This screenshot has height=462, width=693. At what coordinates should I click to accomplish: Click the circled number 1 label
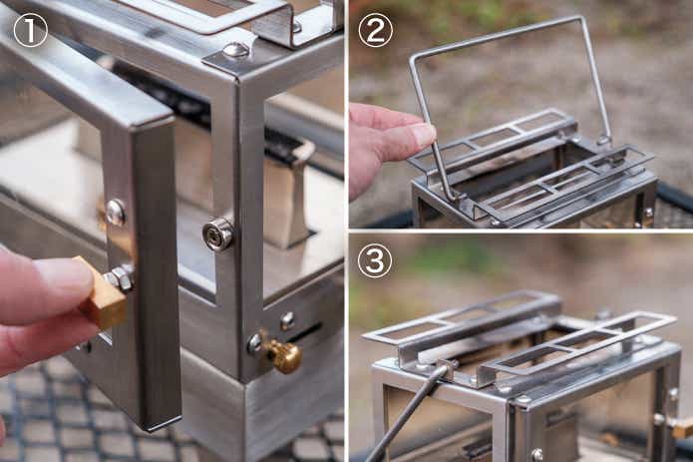pyautogui.click(x=30, y=30)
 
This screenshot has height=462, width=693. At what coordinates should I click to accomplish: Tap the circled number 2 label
pyautogui.click(x=375, y=30)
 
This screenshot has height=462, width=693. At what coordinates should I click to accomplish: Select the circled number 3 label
pyautogui.click(x=375, y=260)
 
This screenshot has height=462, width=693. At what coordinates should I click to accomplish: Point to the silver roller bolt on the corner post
pyautogui.click(x=218, y=234)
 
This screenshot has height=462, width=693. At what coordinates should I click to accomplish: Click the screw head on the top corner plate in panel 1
pyautogui.click(x=235, y=50)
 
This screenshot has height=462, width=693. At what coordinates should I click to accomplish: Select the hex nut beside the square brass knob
pyautogui.click(x=120, y=278)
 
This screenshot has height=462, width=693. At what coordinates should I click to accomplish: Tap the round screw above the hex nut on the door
pyautogui.click(x=116, y=213)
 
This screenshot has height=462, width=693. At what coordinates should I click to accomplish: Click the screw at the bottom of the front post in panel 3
pyautogui.click(x=537, y=454)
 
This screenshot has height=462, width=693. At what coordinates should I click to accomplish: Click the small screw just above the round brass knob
pyautogui.click(x=287, y=319)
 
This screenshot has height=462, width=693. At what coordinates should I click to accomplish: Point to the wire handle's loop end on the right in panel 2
pyautogui.click(x=603, y=141)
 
